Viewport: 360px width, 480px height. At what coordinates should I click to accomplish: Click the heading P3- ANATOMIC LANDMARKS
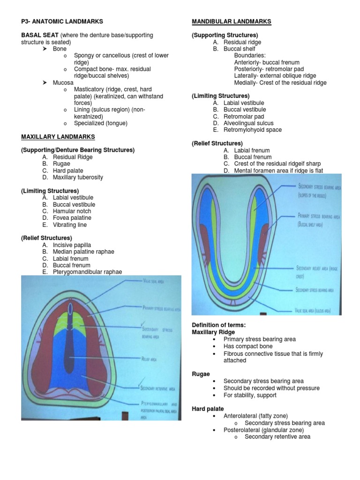(62, 22)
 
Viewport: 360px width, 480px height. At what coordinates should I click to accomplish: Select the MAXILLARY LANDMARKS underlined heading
(58, 137)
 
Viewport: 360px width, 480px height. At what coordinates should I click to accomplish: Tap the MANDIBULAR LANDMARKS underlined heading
(232, 22)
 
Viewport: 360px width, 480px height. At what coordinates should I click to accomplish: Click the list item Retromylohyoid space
(253, 130)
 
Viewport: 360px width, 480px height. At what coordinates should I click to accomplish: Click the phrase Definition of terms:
(219, 325)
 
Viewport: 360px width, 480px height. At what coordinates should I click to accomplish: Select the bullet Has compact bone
(248, 346)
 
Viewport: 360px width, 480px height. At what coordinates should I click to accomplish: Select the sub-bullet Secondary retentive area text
(277, 436)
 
